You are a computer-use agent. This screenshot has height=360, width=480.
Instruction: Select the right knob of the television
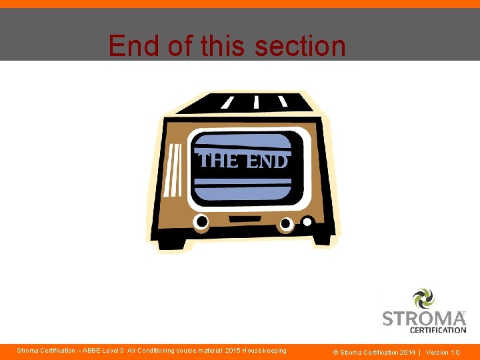click(285, 224)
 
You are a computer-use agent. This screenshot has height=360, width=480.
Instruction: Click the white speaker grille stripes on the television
click(173, 171)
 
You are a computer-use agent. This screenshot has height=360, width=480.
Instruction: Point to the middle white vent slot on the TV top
click(256, 102)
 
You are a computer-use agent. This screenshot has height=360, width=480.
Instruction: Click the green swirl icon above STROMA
click(423, 298)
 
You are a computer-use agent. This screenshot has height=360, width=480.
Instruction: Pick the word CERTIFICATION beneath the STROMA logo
click(438, 330)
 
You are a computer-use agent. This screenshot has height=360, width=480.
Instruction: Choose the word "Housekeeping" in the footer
click(265, 351)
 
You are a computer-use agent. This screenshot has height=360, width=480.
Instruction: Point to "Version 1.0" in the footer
click(443, 352)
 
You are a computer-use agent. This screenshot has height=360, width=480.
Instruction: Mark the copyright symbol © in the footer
click(337, 352)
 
